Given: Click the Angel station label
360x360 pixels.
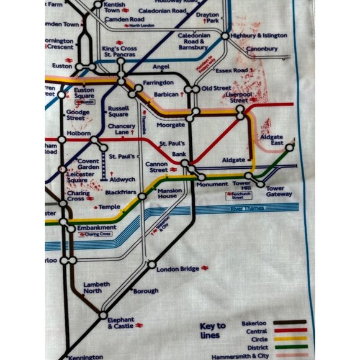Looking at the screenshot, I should (x=161, y=66).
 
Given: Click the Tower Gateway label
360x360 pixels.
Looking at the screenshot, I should (x=278, y=191).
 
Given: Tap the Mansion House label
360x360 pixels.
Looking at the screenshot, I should (x=169, y=194).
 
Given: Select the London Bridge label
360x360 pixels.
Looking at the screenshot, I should (x=178, y=269).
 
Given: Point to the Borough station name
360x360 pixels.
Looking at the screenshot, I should (x=146, y=290).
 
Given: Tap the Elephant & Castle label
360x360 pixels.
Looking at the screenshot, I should (x=120, y=323).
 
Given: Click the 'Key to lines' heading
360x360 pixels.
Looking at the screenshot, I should (x=212, y=330).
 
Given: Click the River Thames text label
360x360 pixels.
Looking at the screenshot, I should (x=245, y=210).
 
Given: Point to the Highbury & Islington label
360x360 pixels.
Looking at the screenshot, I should (x=259, y=36).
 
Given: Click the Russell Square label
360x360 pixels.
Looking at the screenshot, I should (x=118, y=111).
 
